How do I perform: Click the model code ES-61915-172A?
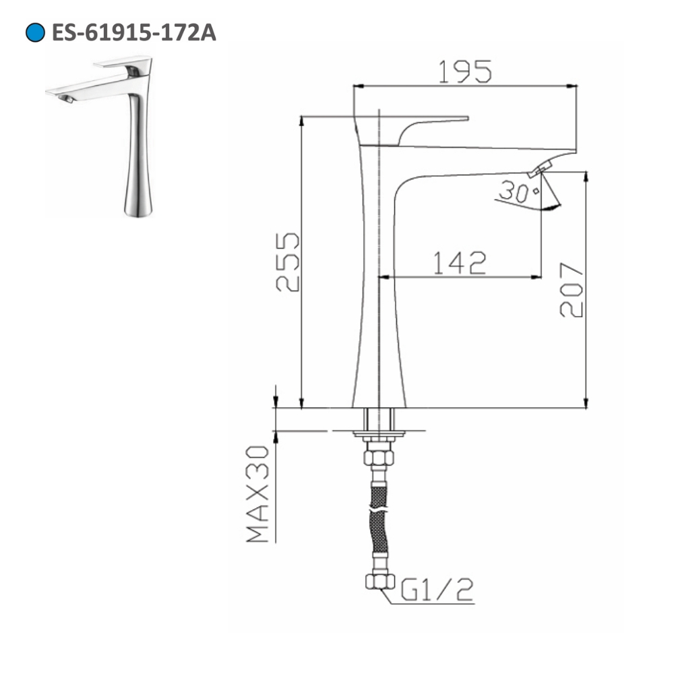coord(133,32)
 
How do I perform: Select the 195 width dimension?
coord(465,72)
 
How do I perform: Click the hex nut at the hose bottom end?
coord(379,580)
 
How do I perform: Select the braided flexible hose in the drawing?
coord(379,519)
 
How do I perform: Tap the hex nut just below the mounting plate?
coord(379,457)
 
